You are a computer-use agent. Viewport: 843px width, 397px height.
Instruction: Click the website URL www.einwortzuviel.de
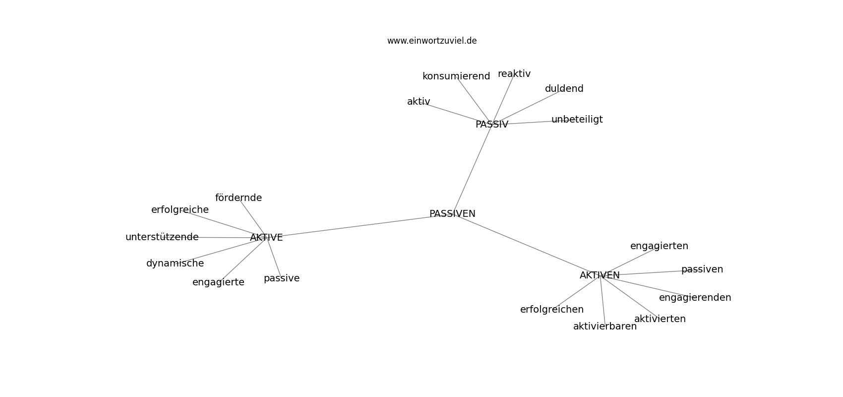pyautogui.click(x=431, y=41)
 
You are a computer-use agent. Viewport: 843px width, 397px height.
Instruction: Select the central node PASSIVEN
pyautogui.click(x=452, y=213)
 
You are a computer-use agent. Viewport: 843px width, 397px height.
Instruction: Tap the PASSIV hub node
pyautogui.click(x=491, y=124)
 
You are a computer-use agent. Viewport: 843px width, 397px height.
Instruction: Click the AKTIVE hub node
pyautogui.click(x=266, y=237)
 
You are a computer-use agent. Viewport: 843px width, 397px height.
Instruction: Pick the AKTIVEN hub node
pyautogui.click(x=600, y=275)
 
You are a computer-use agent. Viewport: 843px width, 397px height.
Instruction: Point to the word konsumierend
pyautogui.click(x=456, y=76)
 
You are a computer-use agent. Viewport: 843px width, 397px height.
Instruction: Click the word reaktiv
pyautogui.click(x=514, y=74)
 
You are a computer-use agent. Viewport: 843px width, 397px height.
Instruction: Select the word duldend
pyautogui.click(x=564, y=88)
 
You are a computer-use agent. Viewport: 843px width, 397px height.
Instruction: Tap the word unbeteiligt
pyautogui.click(x=577, y=120)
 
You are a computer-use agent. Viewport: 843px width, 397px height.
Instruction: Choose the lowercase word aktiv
pyautogui.click(x=419, y=101)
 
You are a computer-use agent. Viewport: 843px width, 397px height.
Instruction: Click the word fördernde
pyautogui.click(x=238, y=198)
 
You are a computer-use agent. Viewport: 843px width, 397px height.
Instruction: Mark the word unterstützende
pyautogui.click(x=162, y=237)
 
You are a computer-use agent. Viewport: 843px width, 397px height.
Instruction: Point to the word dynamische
pyautogui.click(x=175, y=264)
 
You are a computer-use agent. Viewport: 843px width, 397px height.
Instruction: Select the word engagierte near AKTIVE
pyautogui.click(x=218, y=282)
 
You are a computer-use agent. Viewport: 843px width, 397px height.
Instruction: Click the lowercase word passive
pyautogui.click(x=282, y=278)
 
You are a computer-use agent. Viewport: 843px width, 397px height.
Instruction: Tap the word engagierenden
pyautogui.click(x=695, y=298)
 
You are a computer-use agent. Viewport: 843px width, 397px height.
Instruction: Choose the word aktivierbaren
pyautogui.click(x=605, y=327)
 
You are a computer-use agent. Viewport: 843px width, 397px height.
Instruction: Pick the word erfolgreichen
pyautogui.click(x=552, y=310)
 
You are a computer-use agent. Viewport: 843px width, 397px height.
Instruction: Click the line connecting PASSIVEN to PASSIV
pyautogui.click(x=472, y=169)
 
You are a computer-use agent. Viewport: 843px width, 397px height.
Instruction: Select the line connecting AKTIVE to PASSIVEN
pyautogui.click(x=360, y=226)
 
